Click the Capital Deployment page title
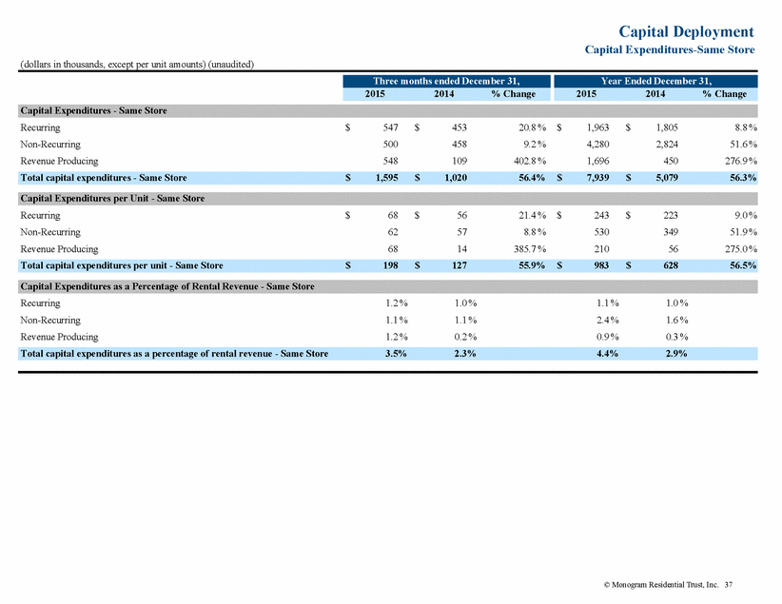click(686, 31)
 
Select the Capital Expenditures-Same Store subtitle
click(670, 49)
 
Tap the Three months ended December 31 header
click(446, 81)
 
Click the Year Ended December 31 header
click(655, 81)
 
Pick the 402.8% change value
click(530, 161)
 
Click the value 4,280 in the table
click(597, 145)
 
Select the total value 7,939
click(597, 178)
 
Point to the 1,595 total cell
click(386, 178)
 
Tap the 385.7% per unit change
click(530, 249)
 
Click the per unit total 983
click(601, 265)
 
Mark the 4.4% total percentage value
click(608, 354)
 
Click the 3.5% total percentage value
click(396, 354)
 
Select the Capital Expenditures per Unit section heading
click(112, 199)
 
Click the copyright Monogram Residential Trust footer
click(661, 585)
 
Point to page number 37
click(729, 585)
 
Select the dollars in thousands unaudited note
click(137, 65)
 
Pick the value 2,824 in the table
click(666, 145)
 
